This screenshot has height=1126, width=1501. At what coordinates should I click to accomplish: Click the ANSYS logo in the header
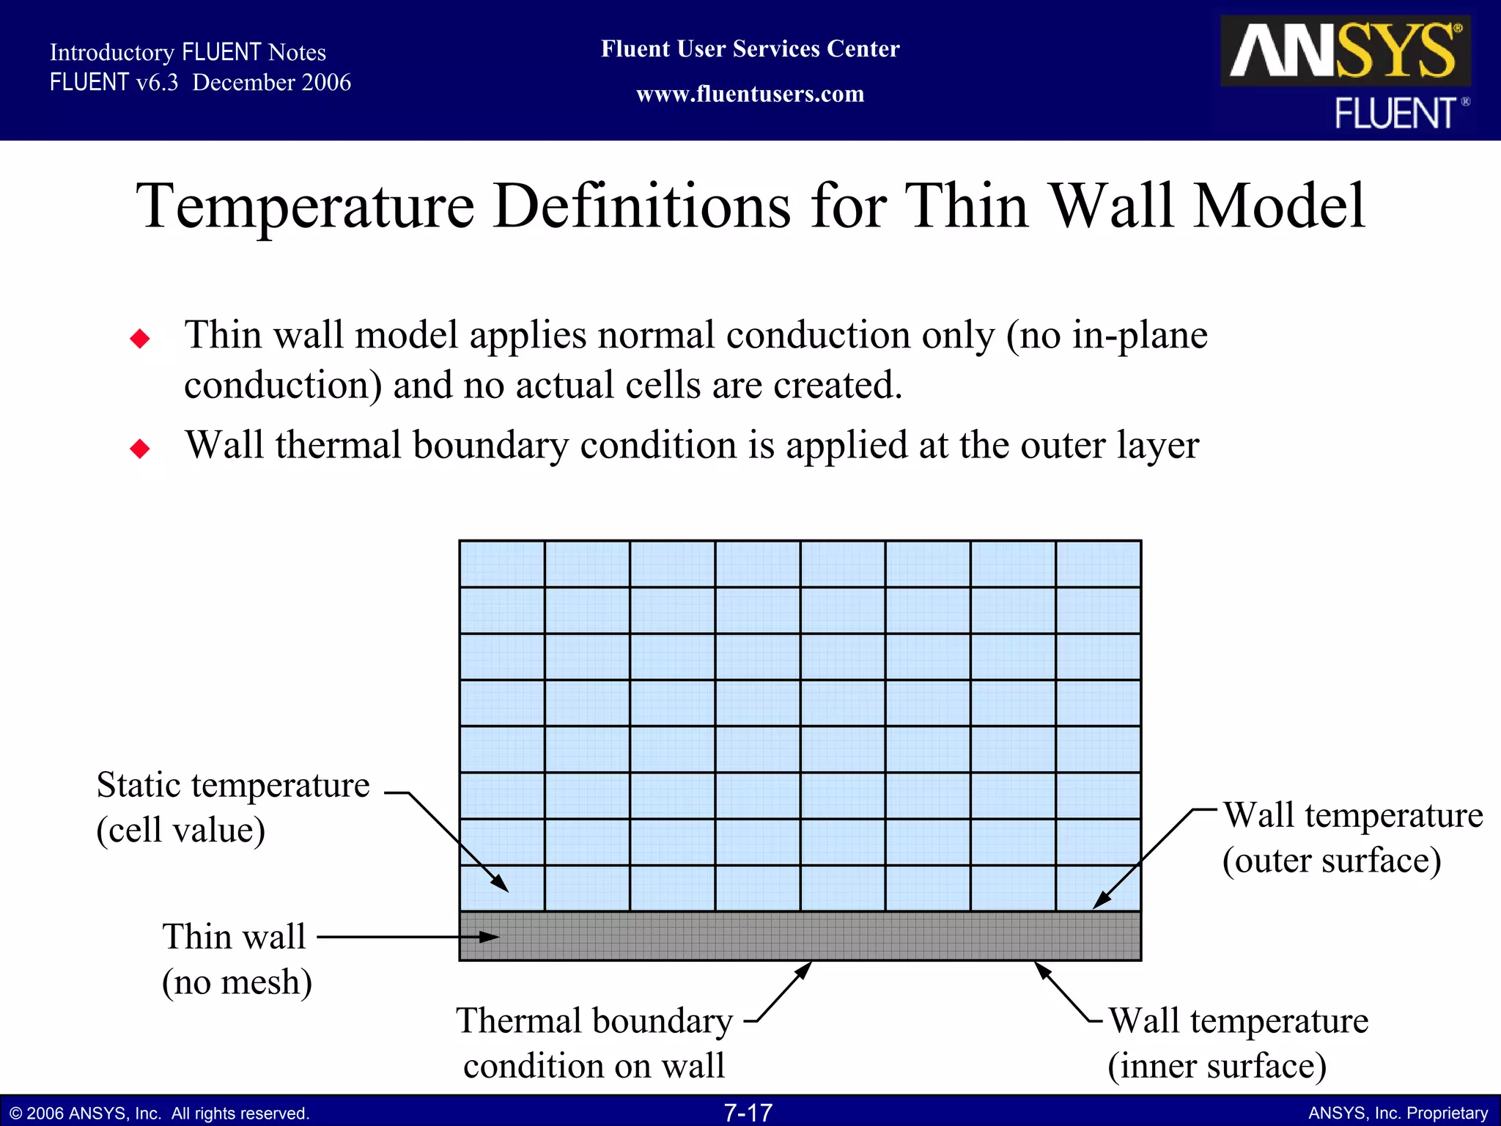(1344, 51)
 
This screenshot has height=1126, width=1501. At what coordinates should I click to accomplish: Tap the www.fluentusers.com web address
(750, 95)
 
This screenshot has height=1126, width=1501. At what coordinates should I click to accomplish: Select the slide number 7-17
(748, 1113)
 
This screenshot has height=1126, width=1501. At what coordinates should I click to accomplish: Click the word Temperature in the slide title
(306, 207)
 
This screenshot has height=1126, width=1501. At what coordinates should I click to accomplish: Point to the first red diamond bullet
(140, 339)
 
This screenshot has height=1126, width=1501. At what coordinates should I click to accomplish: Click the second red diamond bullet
(140, 448)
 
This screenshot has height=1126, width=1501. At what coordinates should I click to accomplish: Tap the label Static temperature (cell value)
(232, 807)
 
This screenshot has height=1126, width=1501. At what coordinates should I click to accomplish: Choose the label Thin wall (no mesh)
(236, 959)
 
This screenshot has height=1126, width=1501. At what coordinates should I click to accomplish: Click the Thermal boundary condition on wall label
(594, 1042)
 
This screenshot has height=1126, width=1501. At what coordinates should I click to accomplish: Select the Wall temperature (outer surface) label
(1351, 838)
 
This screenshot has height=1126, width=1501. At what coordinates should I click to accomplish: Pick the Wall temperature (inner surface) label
(1237, 1042)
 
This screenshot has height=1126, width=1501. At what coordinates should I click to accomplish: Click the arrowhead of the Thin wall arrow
(490, 937)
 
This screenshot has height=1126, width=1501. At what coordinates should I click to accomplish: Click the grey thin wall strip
(799, 936)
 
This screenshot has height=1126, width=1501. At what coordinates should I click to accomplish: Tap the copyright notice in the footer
(160, 1114)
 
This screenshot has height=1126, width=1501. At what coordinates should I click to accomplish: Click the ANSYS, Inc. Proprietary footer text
(1398, 1114)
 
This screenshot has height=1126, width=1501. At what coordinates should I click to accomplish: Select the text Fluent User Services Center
(750, 49)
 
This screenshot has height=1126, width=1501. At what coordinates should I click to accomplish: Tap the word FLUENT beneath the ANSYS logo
(1395, 114)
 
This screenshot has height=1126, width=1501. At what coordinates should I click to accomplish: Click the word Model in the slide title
(1280, 207)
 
